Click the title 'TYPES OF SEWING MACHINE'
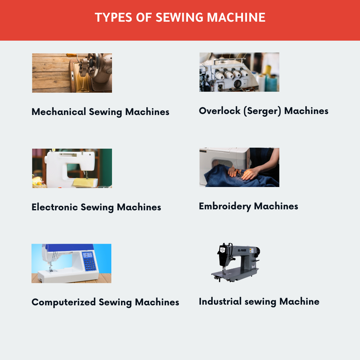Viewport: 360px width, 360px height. tap(180, 17)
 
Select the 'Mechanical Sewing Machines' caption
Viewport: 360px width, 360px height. tap(100, 112)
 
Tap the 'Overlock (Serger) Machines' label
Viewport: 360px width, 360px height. tap(264, 111)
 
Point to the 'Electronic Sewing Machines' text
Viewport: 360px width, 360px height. tap(96, 207)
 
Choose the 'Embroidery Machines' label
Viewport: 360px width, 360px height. tap(248, 206)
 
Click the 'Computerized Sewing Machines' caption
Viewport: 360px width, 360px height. tap(105, 302)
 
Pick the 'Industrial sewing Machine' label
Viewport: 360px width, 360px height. tap(259, 302)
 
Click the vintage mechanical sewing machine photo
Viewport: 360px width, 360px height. tap(72, 73)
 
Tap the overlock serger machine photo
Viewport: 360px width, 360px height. tap(239, 72)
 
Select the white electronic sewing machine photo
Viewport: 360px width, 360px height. tap(72, 168)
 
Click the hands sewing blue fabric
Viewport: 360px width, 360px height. tap(245, 173)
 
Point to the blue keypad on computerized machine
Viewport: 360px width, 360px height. tap(89, 261)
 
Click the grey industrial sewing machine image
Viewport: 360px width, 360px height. tap(236, 262)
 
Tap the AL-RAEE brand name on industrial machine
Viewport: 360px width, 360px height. tap(242, 250)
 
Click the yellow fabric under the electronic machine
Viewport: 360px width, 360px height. tap(85, 183)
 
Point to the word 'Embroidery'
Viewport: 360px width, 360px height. tap(225, 206)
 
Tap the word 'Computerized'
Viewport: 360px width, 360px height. tap(64, 302)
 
